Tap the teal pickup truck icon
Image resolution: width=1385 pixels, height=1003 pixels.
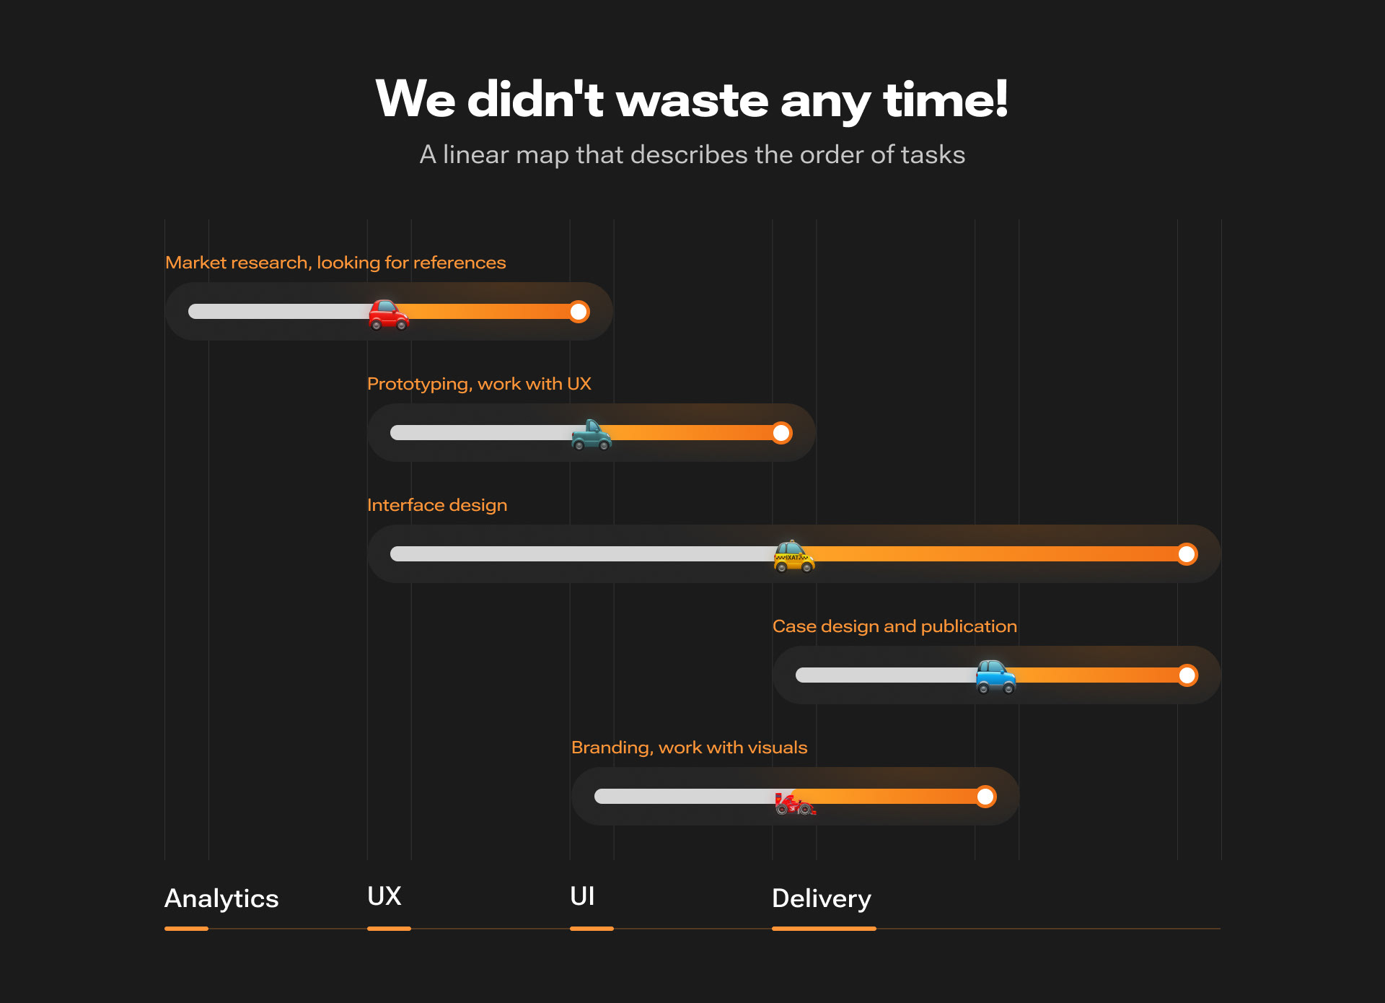click(591, 435)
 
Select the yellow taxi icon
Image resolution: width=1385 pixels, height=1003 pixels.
click(793, 556)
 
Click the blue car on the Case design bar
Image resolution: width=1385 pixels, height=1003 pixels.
click(995, 678)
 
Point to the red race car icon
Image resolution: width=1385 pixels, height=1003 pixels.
click(794, 803)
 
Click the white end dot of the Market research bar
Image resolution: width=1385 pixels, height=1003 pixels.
click(579, 312)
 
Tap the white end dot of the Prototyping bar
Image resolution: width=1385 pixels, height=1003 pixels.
click(781, 433)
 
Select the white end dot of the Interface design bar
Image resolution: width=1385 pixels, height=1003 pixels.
click(1187, 554)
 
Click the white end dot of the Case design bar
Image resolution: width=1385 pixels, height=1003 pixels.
click(1187, 675)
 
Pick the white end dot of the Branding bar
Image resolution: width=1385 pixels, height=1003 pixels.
click(985, 797)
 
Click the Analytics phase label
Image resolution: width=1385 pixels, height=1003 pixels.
click(221, 898)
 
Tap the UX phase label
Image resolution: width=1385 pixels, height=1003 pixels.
click(384, 896)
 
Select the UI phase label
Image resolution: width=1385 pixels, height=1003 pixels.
click(582, 896)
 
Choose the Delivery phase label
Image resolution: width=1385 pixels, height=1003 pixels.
click(822, 898)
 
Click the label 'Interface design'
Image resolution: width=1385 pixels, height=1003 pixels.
click(437, 505)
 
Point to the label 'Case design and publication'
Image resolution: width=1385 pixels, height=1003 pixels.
click(894, 626)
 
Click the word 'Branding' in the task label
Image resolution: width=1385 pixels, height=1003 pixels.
click(610, 748)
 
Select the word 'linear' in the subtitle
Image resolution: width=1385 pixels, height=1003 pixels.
click(475, 154)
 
